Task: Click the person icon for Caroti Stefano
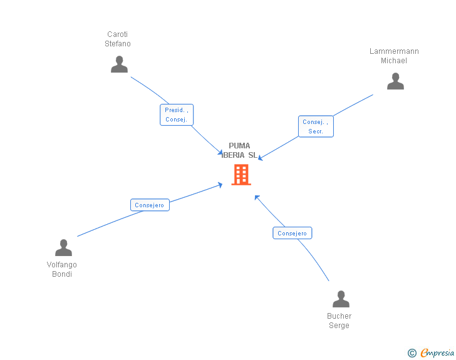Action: [119, 64]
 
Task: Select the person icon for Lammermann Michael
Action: [395, 81]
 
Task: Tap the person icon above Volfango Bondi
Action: [63, 248]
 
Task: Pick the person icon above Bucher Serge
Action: [341, 299]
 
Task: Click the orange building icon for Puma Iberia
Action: [241, 175]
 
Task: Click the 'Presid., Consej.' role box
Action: [177, 115]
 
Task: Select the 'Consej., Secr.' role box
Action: [316, 126]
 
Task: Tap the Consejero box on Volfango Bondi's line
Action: [150, 205]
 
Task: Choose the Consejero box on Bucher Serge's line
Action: [293, 233]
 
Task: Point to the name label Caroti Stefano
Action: [118, 39]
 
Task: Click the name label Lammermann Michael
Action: [394, 56]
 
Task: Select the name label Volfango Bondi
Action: [62, 269]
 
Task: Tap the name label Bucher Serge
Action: [339, 321]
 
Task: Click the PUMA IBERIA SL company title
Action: [239, 150]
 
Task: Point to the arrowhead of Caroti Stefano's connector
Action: [220, 153]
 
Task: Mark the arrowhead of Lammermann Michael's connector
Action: [260, 158]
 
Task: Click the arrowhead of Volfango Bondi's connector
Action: [220, 184]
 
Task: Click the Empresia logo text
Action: [437, 352]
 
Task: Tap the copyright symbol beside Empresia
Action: [412, 353]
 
